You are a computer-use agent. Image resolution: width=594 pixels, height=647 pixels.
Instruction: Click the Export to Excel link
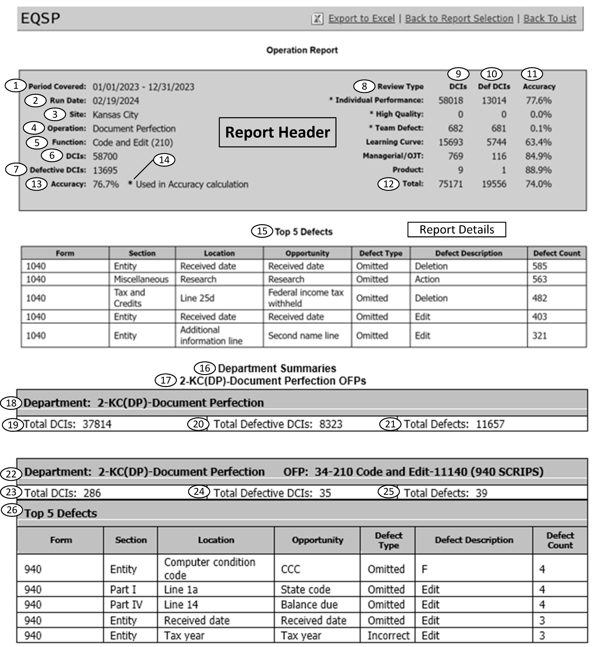point(361,19)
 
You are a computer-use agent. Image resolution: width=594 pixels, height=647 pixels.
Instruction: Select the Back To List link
point(550,19)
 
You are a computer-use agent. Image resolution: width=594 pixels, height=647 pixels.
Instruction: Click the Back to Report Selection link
point(459,19)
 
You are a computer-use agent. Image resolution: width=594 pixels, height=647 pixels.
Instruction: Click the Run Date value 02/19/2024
point(116,101)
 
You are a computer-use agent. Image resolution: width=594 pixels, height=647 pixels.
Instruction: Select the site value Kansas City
point(115,115)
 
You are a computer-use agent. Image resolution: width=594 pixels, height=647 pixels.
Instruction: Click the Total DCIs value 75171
point(451,184)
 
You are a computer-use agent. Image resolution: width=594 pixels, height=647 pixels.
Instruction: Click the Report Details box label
point(456,230)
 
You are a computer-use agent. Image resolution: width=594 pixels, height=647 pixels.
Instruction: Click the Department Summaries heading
point(277,368)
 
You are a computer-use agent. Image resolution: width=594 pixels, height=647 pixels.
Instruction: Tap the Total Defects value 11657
point(490,424)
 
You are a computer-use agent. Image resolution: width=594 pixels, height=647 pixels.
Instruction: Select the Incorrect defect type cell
point(388,635)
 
